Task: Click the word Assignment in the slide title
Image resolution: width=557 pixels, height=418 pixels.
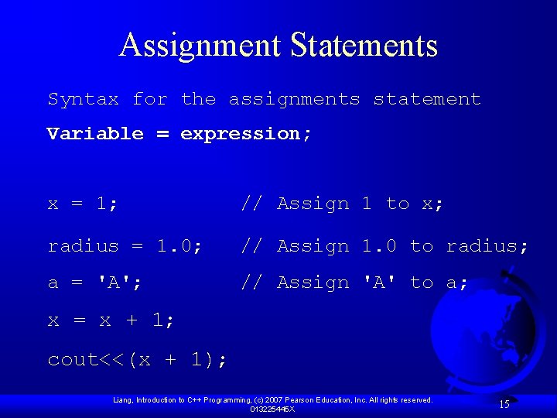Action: point(200,46)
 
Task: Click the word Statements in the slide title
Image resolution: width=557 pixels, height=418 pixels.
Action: point(364,46)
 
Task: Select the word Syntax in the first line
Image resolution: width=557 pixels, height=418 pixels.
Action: point(84,99)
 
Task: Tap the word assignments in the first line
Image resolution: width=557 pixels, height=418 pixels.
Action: point(294,99)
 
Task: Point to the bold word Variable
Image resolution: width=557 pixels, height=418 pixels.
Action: point(95,133)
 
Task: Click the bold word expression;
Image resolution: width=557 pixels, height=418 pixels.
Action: point(246,133)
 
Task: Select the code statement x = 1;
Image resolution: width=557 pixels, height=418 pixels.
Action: point(84,204)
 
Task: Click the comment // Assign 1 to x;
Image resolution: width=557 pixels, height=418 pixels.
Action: point(342,204)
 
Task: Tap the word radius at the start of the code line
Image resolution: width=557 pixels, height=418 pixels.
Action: point(84,246)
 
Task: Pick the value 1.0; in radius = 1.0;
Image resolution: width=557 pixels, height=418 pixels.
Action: point(179,246)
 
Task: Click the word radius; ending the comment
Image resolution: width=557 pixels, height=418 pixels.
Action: point(487,246)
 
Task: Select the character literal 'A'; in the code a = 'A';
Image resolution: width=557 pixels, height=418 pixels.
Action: point(120,283)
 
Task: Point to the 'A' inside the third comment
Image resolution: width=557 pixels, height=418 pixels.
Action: point(379,283)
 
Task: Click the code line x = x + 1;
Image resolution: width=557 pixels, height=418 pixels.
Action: point(111,320)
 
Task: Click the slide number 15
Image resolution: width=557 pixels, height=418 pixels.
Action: point(504,404)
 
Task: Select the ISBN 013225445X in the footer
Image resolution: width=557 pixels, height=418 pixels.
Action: point(272,409)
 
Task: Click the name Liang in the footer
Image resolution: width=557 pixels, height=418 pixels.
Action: point(123,400)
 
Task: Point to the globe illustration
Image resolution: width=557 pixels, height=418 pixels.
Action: point(484,333)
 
